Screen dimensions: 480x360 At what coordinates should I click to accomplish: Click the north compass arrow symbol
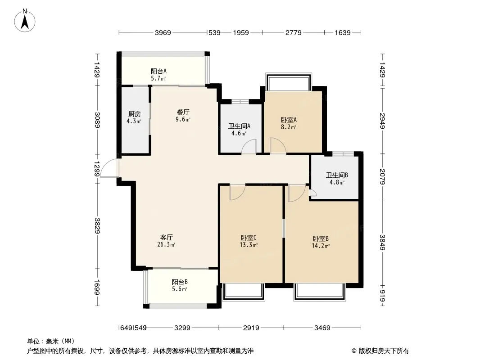[x=25, y=21]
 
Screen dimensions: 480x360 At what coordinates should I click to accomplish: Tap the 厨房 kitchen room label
[x=134, y=114]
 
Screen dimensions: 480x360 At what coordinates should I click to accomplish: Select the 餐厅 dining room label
[x=183, y=112]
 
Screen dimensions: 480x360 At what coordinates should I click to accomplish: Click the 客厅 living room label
[x=167, y=237]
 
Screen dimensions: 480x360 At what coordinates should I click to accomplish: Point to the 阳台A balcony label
[x=158, y=71]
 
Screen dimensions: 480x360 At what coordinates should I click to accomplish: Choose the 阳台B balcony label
[x=180, y=282]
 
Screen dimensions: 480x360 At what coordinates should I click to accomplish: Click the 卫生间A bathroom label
[x=240, y=126]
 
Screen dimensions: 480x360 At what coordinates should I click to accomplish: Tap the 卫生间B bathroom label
[x=337, y=175]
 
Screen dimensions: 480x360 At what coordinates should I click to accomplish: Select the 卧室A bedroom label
[x=289, y=120]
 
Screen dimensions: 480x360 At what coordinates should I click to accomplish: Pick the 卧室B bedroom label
[x=321, y=238]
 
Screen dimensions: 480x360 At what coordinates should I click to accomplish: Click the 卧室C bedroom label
[x=249, y=238]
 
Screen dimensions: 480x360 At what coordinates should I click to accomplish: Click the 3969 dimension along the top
[x=163, y=32]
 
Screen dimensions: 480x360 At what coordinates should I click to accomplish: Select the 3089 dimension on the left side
[x=97, y=120]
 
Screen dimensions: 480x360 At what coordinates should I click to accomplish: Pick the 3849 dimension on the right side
[x=382, y=242]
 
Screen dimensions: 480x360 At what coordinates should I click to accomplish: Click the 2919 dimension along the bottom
[x=251, y=328]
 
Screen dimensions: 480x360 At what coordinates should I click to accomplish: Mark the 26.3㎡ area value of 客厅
[x=166, y=244]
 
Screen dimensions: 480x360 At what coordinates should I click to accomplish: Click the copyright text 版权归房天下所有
[x=384, y=351]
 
